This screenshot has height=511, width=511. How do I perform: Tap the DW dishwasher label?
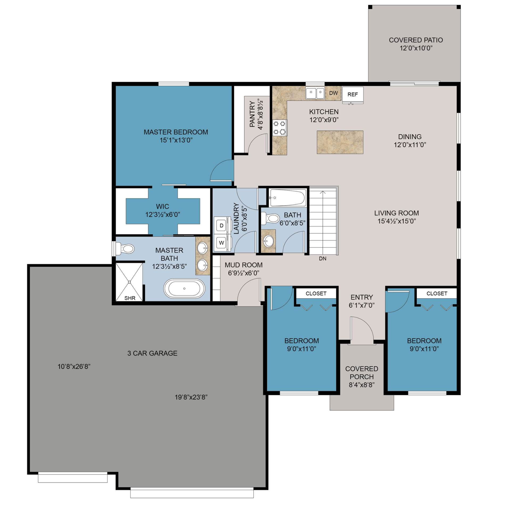333,93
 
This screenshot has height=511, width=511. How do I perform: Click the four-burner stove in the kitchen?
279,128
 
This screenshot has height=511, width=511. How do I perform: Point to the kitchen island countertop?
340,142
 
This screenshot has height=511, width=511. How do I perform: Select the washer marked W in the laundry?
221,242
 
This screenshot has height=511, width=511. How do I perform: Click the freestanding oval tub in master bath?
184,289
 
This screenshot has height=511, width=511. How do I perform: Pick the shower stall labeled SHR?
129,282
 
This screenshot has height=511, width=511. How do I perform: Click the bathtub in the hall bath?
287,198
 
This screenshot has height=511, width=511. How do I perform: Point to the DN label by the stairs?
323,258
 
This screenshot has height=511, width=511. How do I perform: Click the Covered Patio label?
416,40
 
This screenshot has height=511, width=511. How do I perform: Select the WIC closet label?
162,206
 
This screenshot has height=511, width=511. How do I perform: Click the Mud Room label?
244,265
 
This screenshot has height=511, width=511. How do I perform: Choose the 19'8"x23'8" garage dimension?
191,397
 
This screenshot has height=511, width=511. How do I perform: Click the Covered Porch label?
362,373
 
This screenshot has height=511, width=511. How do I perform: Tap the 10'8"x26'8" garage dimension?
74,366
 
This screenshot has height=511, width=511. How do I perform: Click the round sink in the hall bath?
268,241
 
